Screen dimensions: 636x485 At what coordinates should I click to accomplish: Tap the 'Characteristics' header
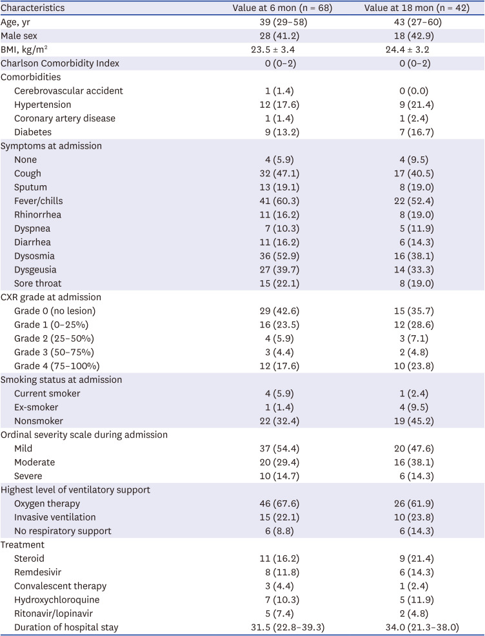point(33,8)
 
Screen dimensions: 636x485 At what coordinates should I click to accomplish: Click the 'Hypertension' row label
point(43,105)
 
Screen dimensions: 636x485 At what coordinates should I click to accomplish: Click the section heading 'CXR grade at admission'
point(52,297)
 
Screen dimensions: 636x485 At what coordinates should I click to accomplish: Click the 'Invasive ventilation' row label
point(55,517)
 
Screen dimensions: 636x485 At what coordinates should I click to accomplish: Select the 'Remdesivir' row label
point(39,571)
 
